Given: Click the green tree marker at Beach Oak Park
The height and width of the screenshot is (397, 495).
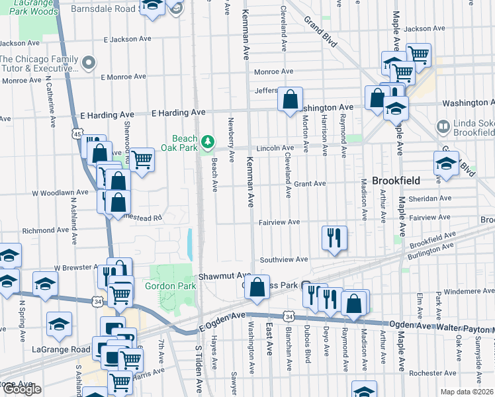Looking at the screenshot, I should point(208,141).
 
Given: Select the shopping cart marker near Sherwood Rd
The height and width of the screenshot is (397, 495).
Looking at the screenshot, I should point(142,159).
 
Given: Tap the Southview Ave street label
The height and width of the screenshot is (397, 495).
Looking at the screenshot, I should point(284,259).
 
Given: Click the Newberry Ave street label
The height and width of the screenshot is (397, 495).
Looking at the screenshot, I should point(231,140).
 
